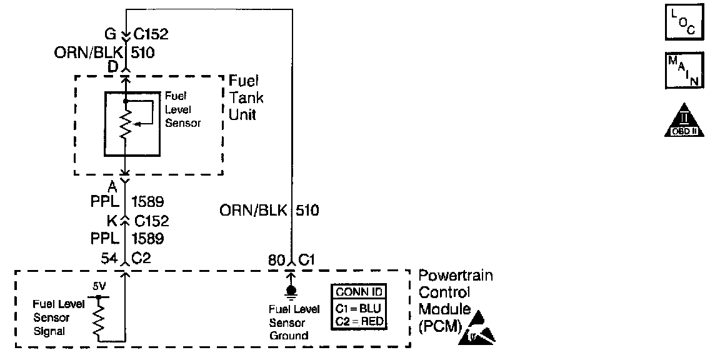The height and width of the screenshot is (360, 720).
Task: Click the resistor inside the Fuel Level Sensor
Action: (x=126, y=124)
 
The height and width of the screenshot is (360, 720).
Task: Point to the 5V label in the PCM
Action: (x=99, y=287)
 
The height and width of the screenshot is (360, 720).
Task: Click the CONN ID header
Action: (x=359, y=292)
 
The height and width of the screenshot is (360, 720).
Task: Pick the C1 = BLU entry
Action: (x=359, y=307)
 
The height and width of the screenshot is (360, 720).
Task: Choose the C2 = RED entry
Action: (x=359, y=322)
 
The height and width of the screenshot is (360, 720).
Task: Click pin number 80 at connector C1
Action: (x=276, y=258)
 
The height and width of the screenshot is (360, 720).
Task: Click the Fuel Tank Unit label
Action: (x=246, y=98)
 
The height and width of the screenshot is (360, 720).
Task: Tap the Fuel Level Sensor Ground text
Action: (x=294, y=322)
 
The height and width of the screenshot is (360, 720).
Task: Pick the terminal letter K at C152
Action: (x=112, y=221)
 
